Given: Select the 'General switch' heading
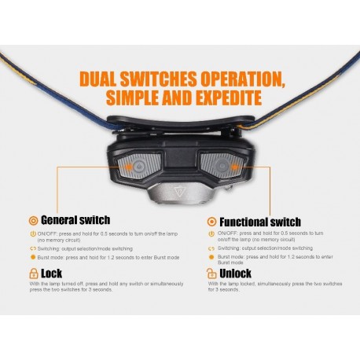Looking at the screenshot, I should pyautogui.click(x=75, y=220).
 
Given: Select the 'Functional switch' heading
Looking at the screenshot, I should pyautogui.click(x=259, y=222).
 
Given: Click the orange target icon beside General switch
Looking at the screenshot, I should pyautogui.click(x=32, y=221).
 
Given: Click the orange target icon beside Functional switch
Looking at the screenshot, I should pyautogui.click(x=211, y=222).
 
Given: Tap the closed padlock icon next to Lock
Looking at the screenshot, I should pyautogui.click(x=32, y=274).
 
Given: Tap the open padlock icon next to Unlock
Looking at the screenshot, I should pyautogui.click(x=211, y=274).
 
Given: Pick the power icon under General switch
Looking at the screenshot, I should pyautogui.click(x=32, y=234).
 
